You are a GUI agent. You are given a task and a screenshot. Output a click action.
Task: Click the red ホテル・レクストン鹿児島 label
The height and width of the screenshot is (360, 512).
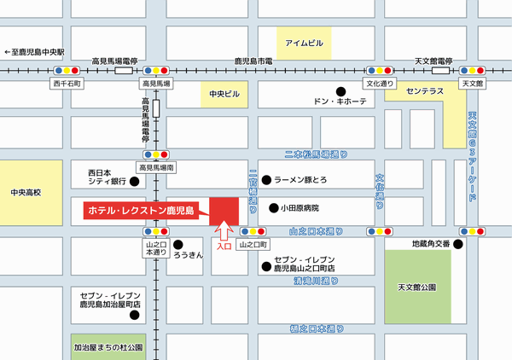141,209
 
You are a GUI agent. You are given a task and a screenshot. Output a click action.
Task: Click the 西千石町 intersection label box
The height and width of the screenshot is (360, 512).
67,84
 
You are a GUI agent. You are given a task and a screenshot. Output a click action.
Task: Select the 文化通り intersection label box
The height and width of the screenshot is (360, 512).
381,84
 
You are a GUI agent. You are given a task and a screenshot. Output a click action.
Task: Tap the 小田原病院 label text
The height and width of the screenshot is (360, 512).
300,207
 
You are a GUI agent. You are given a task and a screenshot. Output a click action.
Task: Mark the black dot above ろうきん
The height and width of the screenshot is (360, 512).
177,242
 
